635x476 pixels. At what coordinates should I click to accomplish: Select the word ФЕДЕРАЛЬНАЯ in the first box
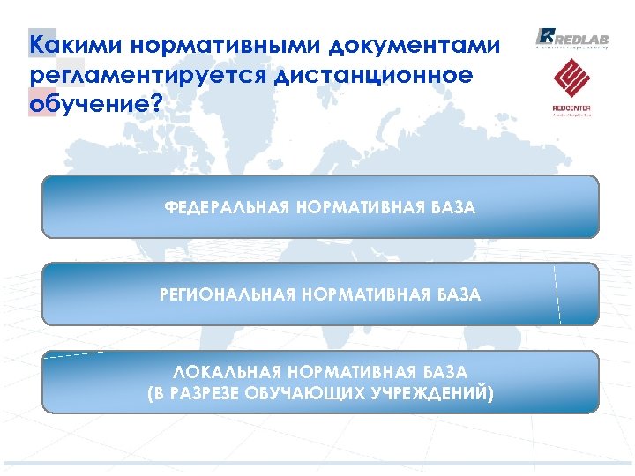point(227,208)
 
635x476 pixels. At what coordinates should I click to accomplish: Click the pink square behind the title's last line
point(41,103)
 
